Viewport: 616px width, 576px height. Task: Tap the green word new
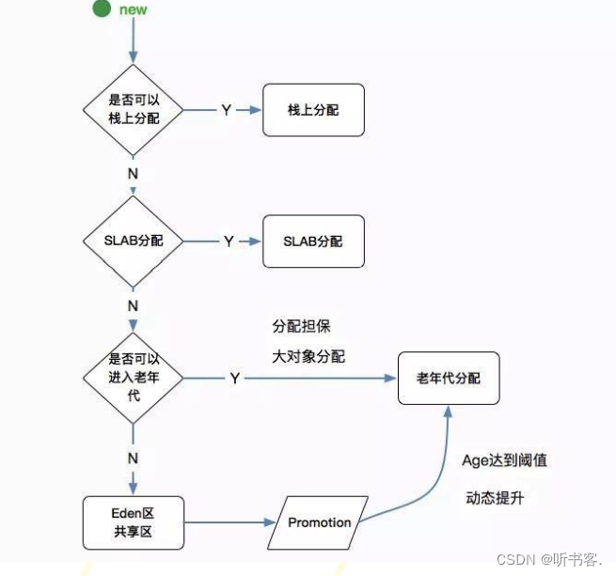click(x=132, y=9)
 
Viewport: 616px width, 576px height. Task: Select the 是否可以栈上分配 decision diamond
click(x=134, y=110)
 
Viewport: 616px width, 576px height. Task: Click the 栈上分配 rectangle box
click(x=313, y=110)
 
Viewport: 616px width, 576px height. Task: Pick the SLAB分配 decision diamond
click(x=133, y=241)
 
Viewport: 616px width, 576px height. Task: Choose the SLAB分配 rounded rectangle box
click(x=312, y=241)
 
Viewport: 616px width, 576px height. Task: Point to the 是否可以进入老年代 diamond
click(x=133, y=377)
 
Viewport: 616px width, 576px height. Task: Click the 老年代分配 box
click(x=448, y=378)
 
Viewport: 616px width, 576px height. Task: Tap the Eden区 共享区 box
click(x=132, y=522)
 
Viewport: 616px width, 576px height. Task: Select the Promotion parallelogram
click(x=319, y=522)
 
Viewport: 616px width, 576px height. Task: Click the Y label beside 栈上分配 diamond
click(x=226, y=110)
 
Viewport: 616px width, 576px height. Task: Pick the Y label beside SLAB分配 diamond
click(x=228, y=241)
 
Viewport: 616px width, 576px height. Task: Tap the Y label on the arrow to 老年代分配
click(x=234, y=378)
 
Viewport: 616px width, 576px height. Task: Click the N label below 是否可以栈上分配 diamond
click(x=132, y=174)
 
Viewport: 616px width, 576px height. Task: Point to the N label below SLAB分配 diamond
click(x=133, y=306)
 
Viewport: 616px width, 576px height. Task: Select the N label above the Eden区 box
click(x=133, y=459)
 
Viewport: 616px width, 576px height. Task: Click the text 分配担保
click(x=301, y=326)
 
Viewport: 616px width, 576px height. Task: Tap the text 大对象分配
click(x=308, y=356)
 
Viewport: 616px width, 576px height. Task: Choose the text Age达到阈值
click(x=504, y=460)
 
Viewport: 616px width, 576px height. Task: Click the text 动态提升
click(x=494, y=498)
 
